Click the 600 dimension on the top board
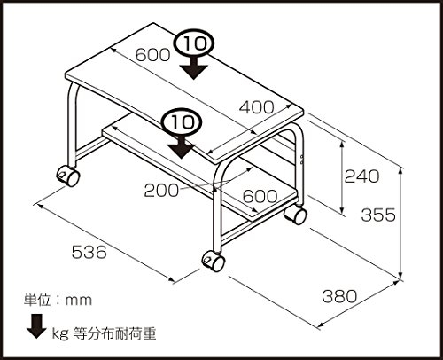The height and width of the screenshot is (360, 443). pos(153,55)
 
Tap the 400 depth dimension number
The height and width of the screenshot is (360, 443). pos(256,107)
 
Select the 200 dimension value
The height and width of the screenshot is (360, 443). pos(161,191)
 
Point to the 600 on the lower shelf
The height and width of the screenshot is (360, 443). pos(260,196)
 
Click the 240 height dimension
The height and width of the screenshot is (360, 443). pos(361,176)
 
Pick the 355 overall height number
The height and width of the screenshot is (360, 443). pos(378,215)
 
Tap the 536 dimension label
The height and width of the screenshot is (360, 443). pos(89,252)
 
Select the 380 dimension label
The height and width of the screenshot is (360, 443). pos(339,296)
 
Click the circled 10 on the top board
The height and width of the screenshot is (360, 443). pos(194,44)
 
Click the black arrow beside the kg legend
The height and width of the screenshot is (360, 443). pos(36,326)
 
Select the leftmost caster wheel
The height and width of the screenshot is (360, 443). pos(68,176)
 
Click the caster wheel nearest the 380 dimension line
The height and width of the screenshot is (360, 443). pos(214,261)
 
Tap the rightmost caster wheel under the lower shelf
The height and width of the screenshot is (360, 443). pos(295,214)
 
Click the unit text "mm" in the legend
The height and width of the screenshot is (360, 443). pos(79,301)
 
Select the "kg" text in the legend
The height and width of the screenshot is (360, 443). pos(60,334)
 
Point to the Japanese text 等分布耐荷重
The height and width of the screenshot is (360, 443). pos(114,333)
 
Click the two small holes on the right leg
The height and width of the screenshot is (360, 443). pos(301,159)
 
